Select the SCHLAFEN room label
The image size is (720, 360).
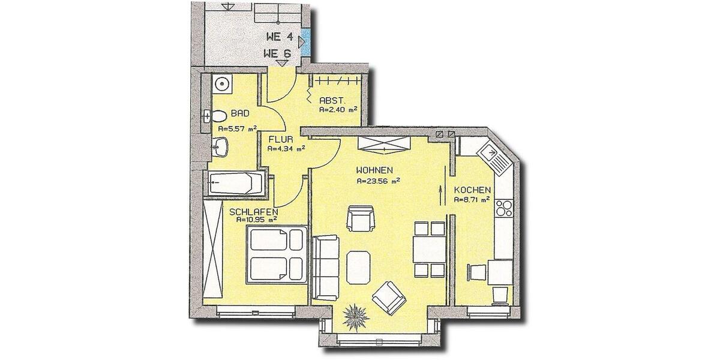tap(253, 211)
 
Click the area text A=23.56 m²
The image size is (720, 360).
tap(378, 180)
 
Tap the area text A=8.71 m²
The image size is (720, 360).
tap(472, 200)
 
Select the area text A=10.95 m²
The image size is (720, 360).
tap(256, 220)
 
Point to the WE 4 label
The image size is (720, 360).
tap(279, 37)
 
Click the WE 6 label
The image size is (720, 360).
tap(277, 53)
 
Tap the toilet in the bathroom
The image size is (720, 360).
tap(216, 115)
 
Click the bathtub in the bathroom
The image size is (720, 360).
tap(236, 182)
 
